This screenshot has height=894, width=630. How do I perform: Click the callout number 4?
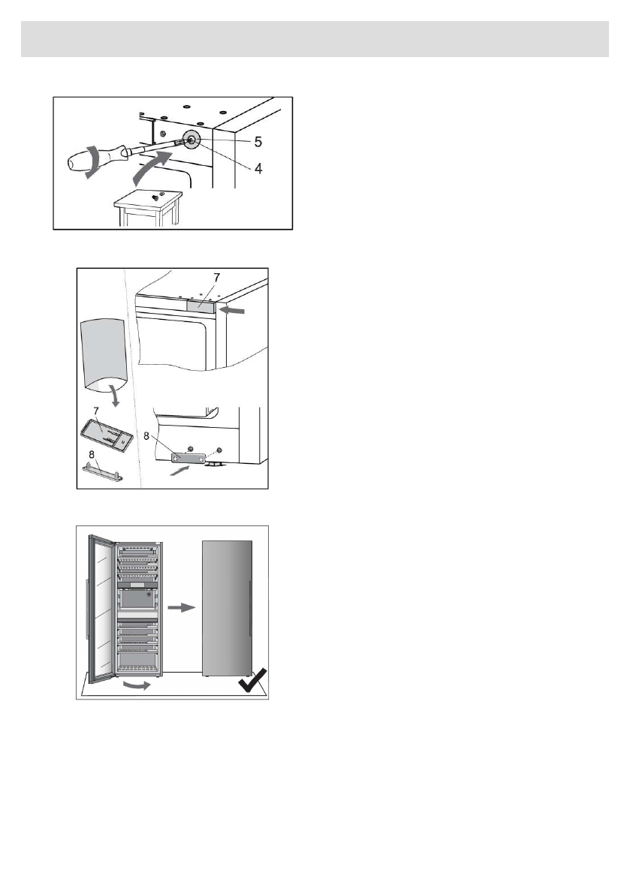[x=237, y=168]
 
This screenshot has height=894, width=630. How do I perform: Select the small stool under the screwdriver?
[x=147, y=203]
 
